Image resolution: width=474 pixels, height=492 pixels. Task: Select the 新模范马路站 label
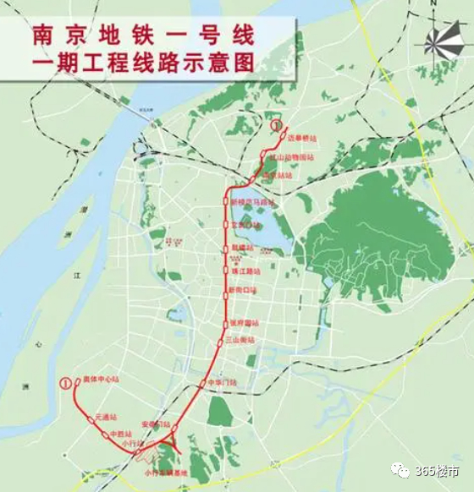[x=254, y=204]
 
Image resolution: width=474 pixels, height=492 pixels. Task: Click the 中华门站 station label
[x=223, y=384]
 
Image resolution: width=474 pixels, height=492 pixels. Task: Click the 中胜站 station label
[x=121, y=435]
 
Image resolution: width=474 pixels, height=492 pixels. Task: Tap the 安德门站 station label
[x=156, y=424]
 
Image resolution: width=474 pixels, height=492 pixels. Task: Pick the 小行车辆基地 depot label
[x=160, y=473]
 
